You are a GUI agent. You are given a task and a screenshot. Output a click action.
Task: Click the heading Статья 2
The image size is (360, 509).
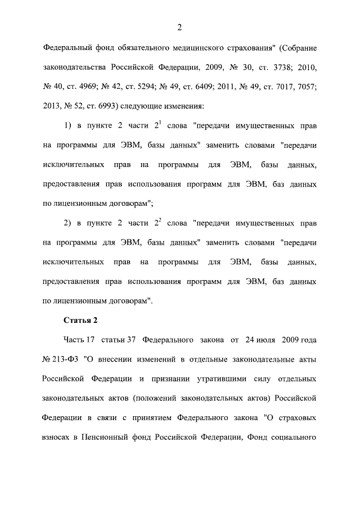(x=80, y=321)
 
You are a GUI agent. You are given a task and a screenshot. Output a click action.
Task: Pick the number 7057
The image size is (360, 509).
(x=307, y=87)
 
